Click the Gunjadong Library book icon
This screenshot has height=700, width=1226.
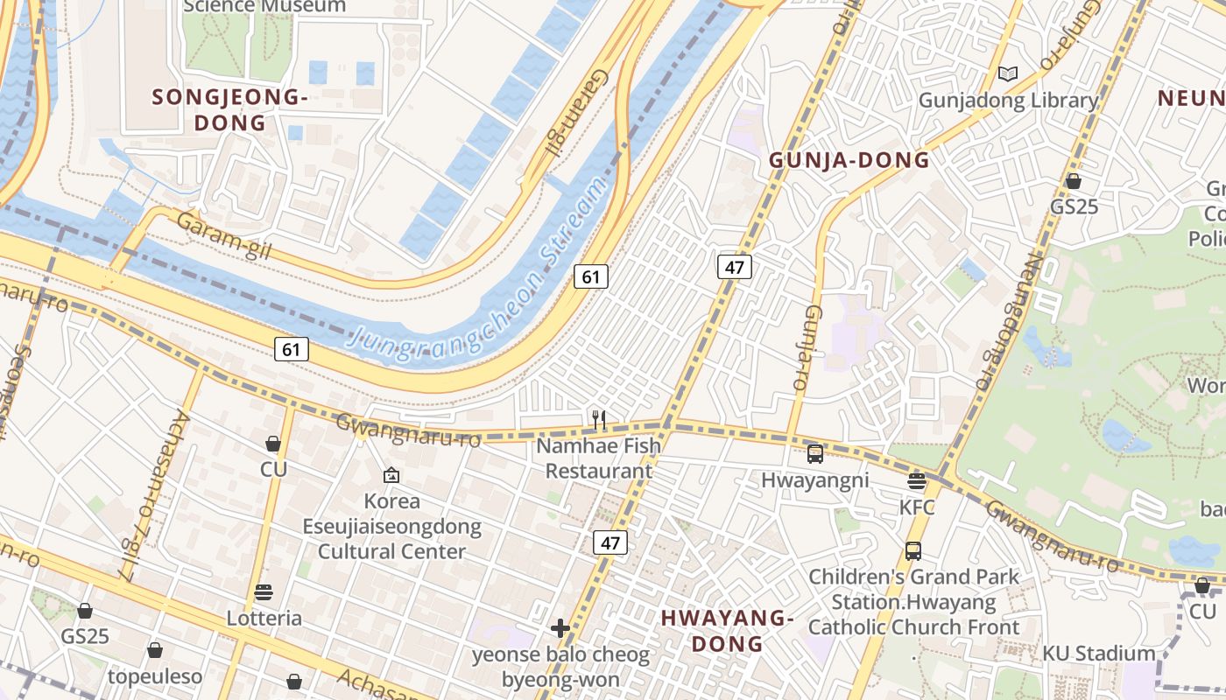[1008, 74]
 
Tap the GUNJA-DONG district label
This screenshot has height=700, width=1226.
[849, 160]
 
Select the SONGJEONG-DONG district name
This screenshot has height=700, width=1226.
[230, 109]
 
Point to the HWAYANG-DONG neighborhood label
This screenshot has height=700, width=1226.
[727, 630]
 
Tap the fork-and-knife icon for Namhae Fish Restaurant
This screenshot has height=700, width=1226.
[599, 420]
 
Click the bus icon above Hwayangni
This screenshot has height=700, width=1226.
[815, 453]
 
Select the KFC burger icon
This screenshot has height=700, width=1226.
[917, 480]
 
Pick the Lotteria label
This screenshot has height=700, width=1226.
[264, 619]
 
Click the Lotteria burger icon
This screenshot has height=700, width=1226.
[264, 592]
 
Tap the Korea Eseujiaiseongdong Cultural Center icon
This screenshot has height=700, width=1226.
[391, 475]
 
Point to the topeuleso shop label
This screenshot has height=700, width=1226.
[155, 676]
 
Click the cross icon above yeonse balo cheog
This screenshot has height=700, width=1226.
[560, 627]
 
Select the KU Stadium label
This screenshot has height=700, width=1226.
[1098, 654]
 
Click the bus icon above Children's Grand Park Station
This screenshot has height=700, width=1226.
[913, 550]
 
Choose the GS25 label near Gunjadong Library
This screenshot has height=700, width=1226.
[1075, 208]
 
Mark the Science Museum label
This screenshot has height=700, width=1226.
[264, 7]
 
